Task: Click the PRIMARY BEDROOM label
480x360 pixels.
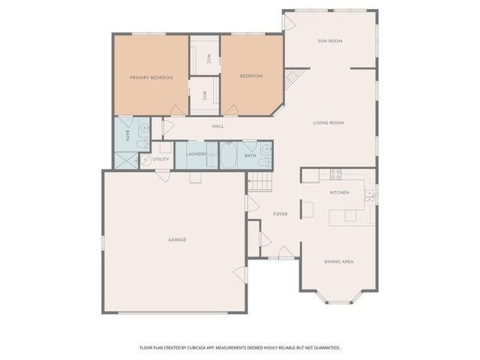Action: coord(151,77)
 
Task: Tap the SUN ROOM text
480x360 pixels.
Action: coord(329,41)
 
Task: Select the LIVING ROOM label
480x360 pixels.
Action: coord(328,122)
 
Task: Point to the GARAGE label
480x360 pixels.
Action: coord(177,239)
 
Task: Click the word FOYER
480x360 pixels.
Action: coord(280,214)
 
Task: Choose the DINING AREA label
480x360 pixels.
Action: coord(338,261)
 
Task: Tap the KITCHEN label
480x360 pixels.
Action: coord(340,193)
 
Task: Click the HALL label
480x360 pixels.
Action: coord(217,126)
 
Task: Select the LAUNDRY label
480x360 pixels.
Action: coord(196,154)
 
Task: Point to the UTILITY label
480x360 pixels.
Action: coord(161,159)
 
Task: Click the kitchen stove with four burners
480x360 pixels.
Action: coord(335,174)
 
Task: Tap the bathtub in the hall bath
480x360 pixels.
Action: coord(229,155)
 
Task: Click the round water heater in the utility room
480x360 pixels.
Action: coord(145,160)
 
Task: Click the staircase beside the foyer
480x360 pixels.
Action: coord(259,180)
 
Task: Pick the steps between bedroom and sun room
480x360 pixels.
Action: coord(295,77)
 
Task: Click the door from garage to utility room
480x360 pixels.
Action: coord(163,174)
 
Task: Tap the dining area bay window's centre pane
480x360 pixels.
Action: coord(338,302)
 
